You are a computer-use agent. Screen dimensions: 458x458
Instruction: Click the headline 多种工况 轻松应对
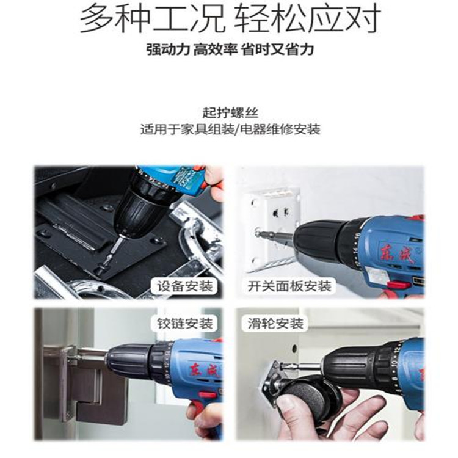230,19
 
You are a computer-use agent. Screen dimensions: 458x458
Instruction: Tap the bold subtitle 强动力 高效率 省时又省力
230,49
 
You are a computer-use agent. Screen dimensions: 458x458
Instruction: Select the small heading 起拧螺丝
230,113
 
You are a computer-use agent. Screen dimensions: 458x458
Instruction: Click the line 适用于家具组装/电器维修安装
230,129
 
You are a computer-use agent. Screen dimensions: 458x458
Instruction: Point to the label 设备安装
185,286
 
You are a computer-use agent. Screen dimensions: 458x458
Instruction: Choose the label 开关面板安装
289,286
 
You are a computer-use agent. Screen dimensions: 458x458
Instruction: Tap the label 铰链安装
185,324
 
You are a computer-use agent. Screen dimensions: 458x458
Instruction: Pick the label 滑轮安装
276,324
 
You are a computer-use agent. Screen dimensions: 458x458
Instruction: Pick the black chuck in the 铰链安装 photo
131,359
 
